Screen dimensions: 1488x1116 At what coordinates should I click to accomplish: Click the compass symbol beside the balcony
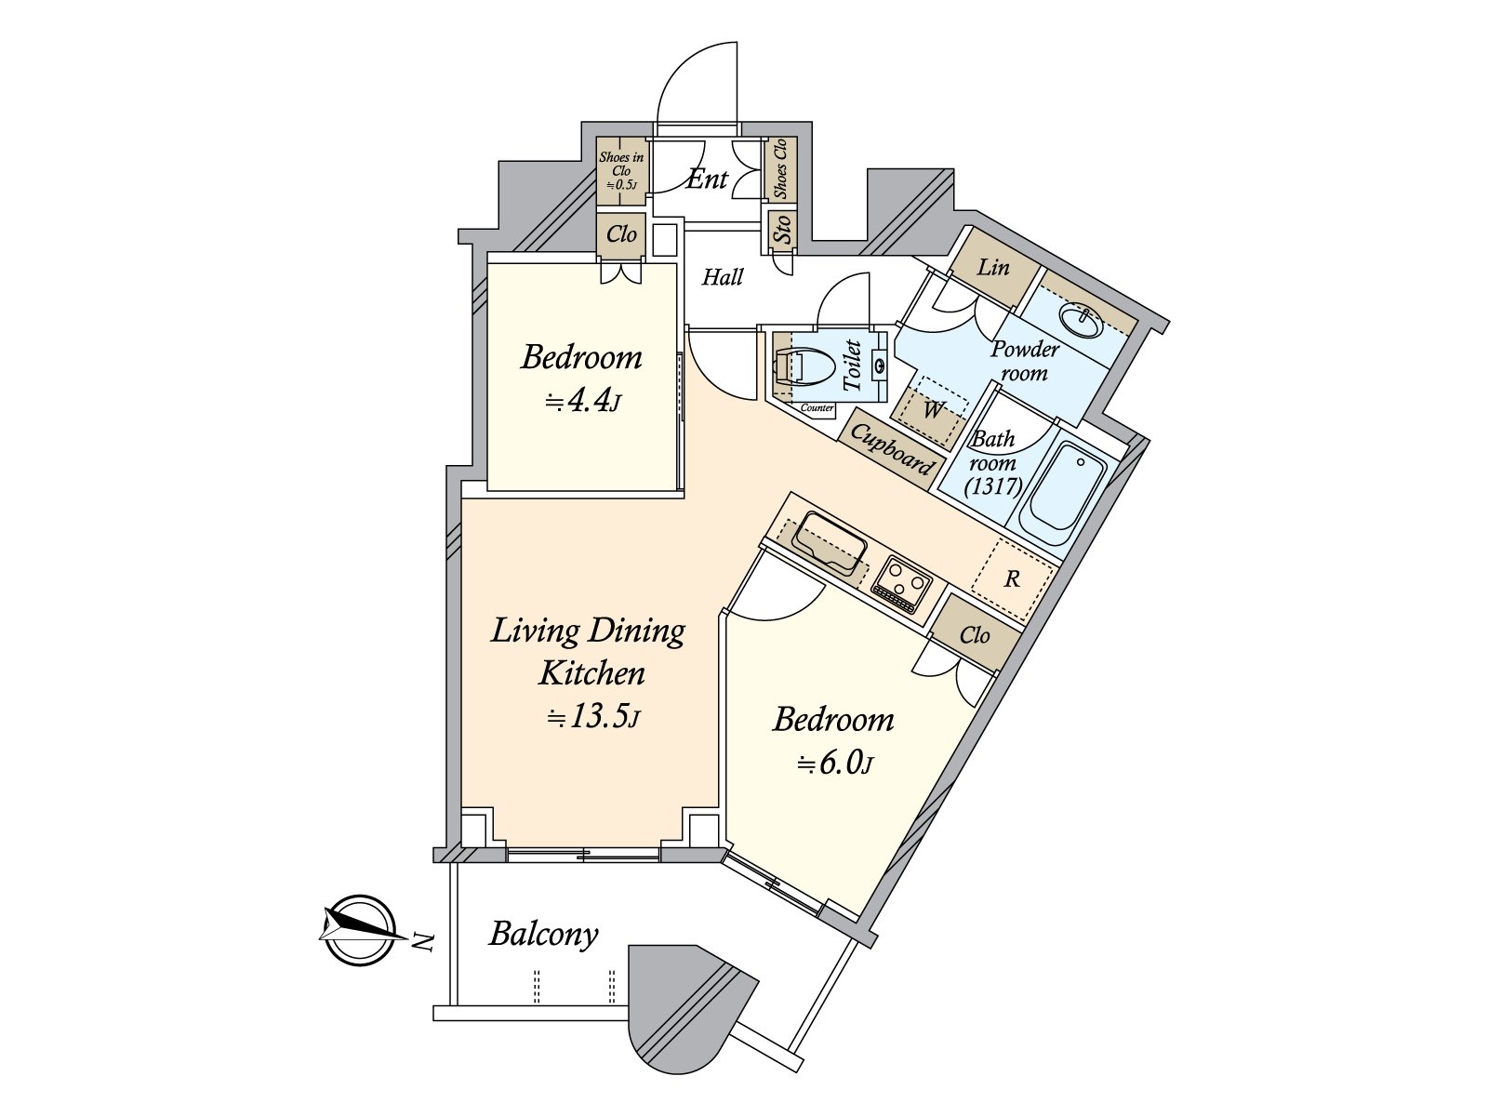click(x=359, y=930)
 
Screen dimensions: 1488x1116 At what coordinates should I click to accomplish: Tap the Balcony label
click(x=544, y=935)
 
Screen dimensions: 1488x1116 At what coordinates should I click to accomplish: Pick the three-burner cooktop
click(x=900, y=583)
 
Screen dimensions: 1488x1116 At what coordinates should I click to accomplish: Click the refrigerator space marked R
click(x=1012, y=578)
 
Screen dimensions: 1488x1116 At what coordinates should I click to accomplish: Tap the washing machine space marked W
click(x=933, y=409)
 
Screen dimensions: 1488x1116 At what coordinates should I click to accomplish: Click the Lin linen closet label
click(x=993, y=268)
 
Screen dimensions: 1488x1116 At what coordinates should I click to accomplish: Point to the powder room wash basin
click(x=1082, y=322)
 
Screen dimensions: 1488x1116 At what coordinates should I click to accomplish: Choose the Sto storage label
click(x=783, y=230)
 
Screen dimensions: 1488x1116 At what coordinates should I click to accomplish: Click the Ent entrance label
click(x=707, y=179)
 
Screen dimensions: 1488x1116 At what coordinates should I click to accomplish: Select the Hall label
click(x=723, y=276)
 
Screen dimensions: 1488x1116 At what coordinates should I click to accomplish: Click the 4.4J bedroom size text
click(x=583, y=401)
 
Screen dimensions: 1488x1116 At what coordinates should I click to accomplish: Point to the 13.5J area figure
click(x=593, y=717)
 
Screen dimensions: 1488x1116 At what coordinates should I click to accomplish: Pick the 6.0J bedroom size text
click(x=834, y=763)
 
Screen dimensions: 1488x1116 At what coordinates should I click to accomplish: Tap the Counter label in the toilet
click(x=817, y=408)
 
